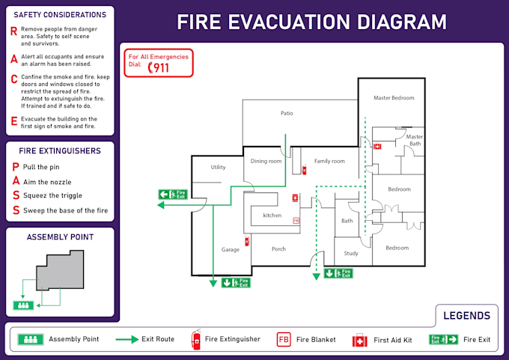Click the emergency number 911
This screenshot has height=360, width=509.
(x=159, y=68)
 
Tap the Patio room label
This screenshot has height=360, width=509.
(x=287, y=114)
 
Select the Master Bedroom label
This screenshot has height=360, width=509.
(x=394, y=98)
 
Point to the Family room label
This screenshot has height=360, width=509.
(x=329, y=161)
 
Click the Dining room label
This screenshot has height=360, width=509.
(x=266, y=161)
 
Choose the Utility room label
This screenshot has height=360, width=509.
(x=218, y=167)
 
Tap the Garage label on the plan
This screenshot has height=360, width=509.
(x=230, y=249)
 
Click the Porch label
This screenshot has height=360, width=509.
(x=278, y=249)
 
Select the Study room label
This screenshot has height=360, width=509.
(x=351, y=253)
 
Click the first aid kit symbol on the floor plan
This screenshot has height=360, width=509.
(x=377, y=147)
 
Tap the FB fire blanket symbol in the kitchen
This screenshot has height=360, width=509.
(x=296, y=221)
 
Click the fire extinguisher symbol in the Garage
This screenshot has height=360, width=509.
(x=247, y=241)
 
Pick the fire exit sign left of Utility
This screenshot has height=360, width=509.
(x=172, y=195)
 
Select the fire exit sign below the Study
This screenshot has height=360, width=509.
(x=338, y=273)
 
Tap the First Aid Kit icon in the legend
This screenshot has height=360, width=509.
(x=360, y=340)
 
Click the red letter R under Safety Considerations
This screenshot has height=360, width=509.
(x=13, y=31)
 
